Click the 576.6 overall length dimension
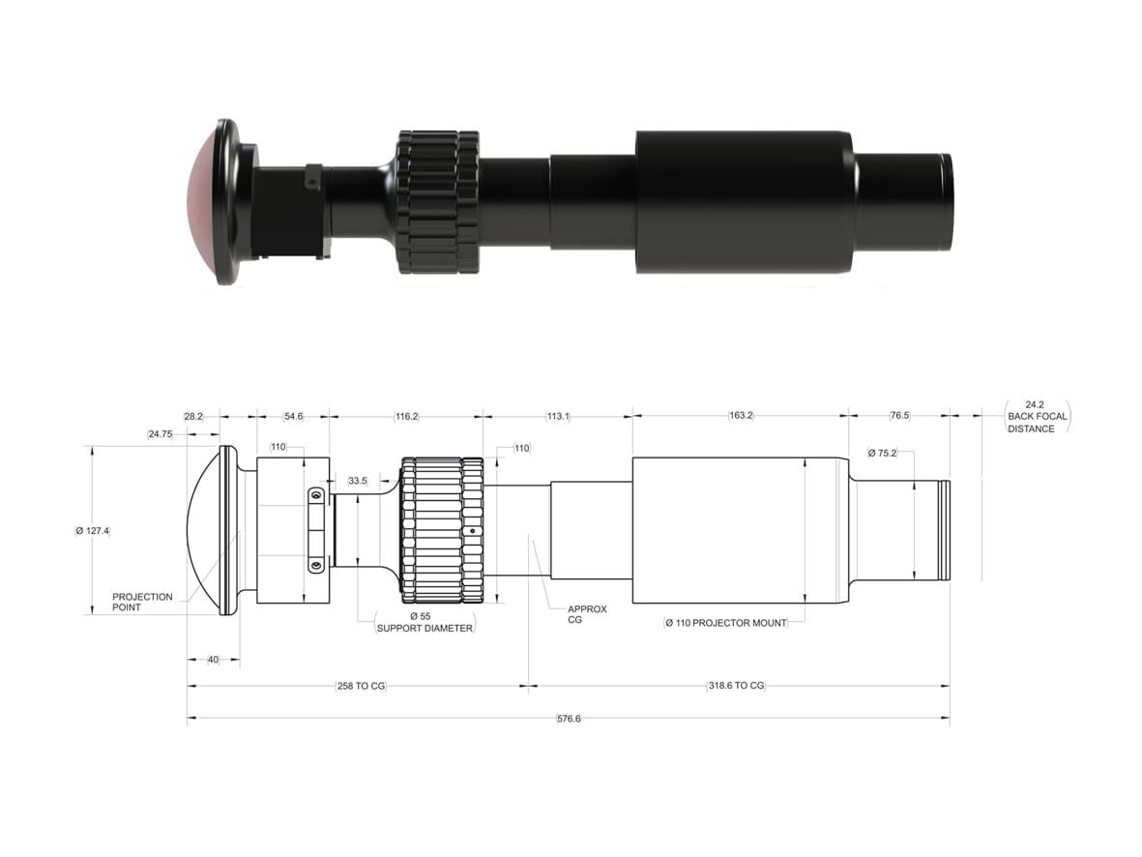click(569, 719)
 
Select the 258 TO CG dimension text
click(359, 686)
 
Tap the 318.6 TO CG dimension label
click(735, 686)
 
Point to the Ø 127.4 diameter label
click(92, 530)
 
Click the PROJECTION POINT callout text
click(142, 602)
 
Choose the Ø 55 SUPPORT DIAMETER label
click(425, 622)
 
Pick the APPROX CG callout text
click(587, 614)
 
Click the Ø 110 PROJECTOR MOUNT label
click(725, 623)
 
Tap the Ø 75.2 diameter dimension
click(883, 452)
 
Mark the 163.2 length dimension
click(741, 415)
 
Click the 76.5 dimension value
click(899, 415)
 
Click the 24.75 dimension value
click(161, 434)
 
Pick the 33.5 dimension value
click(358, 481)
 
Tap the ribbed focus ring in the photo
click(437, 202)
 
